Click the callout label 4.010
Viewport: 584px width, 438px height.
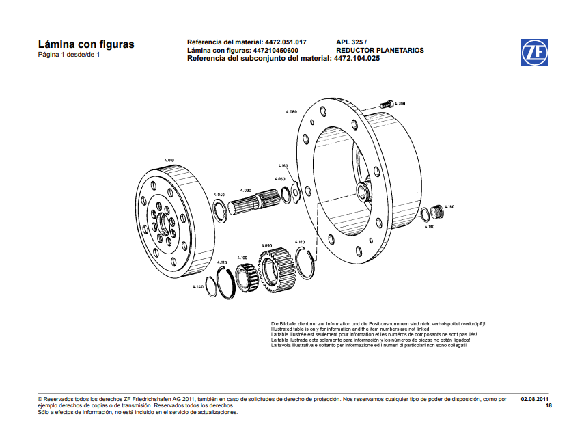coord(169,160)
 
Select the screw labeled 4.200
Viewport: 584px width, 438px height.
coord(386,105)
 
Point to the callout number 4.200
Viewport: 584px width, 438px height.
coord(400,103)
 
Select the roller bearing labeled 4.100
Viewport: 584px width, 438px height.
coord(246,277)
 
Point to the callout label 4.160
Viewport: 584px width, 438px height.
coord(283,166)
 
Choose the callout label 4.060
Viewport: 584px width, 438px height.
coord(280,179)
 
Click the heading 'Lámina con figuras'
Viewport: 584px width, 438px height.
coord(86,44)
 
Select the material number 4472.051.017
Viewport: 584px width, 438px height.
coord(286,42)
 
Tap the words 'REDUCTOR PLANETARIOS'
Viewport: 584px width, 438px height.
coord(380,51)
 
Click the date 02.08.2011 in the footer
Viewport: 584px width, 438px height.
coord(535,398)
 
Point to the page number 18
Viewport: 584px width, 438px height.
coord(548,406)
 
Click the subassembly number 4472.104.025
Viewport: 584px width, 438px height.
coord(357,59)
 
